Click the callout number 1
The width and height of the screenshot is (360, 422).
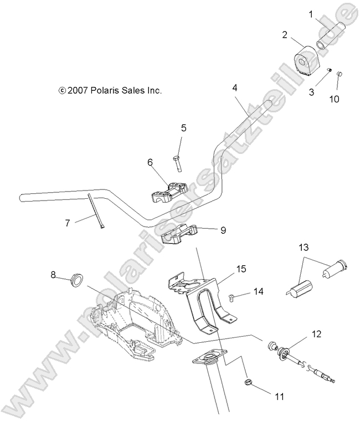point(311,13)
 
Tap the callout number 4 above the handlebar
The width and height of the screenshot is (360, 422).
point(235,88)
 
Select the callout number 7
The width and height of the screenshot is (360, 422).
point(67,223)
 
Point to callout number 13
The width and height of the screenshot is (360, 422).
point(304,246)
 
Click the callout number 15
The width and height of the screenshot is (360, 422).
point(241,269)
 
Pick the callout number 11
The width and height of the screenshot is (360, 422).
point(280,397)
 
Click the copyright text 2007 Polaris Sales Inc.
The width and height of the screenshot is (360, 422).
point(110,90)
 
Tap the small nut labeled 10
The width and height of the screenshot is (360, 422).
point(340,75)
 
